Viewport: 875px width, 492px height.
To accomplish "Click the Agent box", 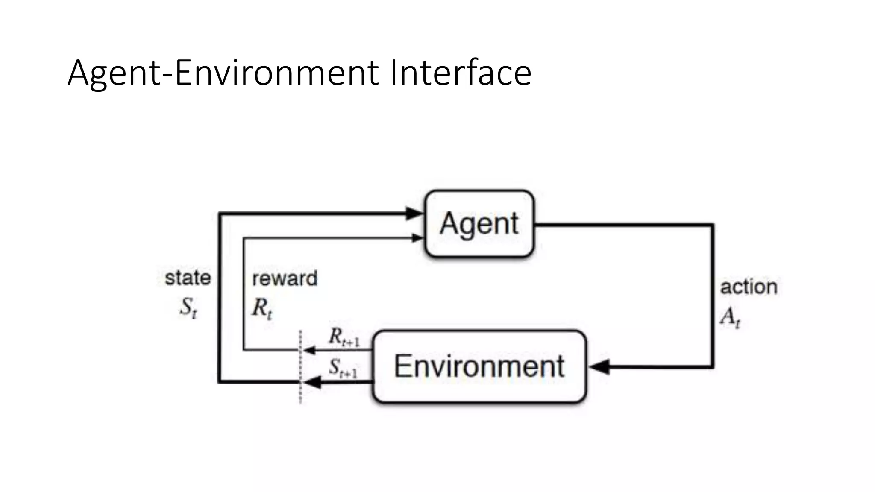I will tap(479, 224).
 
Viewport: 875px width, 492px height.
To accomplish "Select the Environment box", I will tap(479, 366).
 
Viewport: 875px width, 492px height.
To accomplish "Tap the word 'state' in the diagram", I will tap(188, 278).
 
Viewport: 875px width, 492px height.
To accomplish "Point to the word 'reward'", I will tap(285, 278).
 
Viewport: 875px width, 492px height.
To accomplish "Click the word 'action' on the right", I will tap(749, 287).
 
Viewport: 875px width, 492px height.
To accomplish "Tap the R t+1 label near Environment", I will tap(344, 337).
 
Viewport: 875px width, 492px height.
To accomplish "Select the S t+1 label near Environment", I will tap(343, 368).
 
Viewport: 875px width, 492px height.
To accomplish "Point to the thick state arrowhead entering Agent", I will tap(414, 213).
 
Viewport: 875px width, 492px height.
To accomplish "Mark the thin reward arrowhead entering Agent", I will tap(417, 238).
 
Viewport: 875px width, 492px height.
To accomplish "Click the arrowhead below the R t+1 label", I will tap(309, 350).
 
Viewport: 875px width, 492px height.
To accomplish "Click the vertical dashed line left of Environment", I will tap(301, 367).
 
